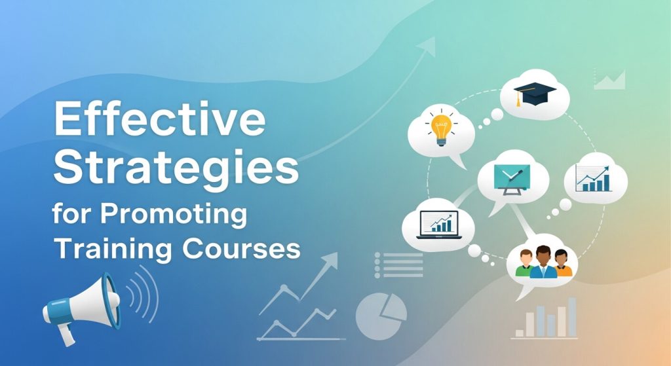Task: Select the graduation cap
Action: [x=534, y=94]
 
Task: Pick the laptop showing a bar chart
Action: [x=438, y=225]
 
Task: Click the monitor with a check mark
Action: [x=512, y=176]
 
